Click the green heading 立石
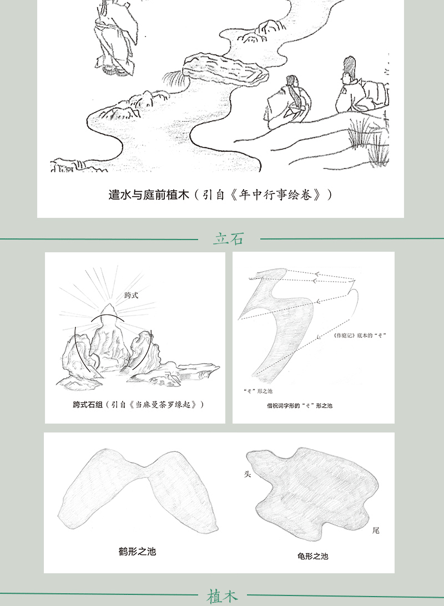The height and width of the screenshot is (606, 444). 229,238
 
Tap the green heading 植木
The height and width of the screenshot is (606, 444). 222,596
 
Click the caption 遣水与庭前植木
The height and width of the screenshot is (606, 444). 149,195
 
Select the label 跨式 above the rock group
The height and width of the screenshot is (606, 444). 131,296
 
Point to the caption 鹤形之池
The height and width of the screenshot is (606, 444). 137,551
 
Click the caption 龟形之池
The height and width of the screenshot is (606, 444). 312,556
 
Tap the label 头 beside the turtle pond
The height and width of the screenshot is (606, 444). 248,474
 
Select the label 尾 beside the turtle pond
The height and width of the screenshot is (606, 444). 376,530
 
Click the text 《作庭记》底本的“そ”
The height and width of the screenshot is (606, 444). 360,335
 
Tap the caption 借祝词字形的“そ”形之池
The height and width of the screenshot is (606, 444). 299,405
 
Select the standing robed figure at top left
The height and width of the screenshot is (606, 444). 116,37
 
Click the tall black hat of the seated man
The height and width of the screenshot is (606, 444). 349,65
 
